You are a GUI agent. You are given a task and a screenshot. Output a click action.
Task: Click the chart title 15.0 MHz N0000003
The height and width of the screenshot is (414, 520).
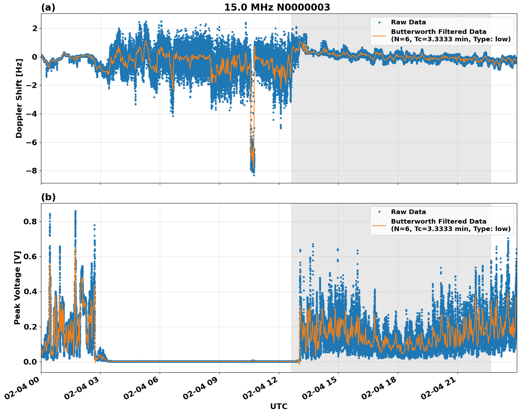pos(277,7)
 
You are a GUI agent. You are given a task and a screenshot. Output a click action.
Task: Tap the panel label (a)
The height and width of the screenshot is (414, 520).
pos(48,7)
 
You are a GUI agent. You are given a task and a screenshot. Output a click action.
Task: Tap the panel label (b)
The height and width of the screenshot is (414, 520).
pos(48,197)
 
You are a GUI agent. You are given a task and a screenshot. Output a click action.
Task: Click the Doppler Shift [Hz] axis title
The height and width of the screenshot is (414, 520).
pos(19,98)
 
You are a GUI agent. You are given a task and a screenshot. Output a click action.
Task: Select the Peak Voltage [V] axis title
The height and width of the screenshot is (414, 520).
pos(17,288)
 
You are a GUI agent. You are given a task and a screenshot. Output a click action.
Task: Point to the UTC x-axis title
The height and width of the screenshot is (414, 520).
pos(279,406)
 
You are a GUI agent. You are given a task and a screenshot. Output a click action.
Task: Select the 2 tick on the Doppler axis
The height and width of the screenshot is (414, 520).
pos(34,28)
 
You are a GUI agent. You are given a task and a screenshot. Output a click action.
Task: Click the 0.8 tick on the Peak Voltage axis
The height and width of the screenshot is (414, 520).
pos(30,221)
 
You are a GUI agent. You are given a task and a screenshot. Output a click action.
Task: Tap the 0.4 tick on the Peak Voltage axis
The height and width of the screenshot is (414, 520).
pos(30,292)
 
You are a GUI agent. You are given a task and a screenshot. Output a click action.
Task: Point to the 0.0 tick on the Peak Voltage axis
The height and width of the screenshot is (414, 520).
pos(30,362)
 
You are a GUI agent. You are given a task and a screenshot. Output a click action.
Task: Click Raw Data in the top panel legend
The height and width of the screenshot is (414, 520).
pos(408,22)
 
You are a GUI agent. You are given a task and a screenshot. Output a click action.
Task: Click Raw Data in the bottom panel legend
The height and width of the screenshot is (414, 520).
pos(408,212)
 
